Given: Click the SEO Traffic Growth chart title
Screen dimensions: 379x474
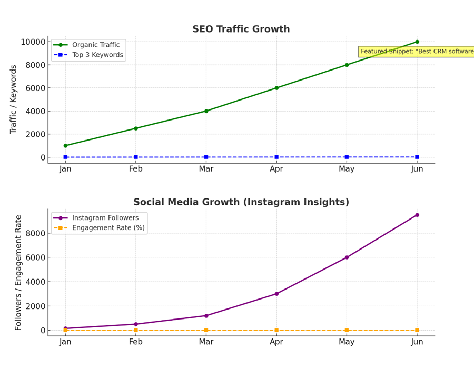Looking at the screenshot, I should [241, 29].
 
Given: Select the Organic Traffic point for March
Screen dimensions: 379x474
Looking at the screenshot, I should [206, 111].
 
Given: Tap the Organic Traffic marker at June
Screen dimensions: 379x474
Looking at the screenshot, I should [417, 42].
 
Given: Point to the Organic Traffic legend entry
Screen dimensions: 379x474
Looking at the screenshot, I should [95, 45].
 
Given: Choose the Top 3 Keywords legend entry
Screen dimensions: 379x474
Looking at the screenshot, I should [97, 55].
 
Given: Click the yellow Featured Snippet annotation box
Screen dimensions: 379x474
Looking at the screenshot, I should [417, 52].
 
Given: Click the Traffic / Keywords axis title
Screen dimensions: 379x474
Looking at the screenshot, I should [14, 99].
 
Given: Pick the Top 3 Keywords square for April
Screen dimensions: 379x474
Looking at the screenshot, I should [276, 157].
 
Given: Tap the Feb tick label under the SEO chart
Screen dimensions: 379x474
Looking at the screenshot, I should [136, 169].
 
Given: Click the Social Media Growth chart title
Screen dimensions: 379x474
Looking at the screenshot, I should [241, 202].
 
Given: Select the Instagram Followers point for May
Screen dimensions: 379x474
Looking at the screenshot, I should [347, 257].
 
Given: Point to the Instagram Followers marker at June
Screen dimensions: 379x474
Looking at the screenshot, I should [417, 215].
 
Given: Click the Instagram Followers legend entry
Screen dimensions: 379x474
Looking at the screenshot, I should [105, 218].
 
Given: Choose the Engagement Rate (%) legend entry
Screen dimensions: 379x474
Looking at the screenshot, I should [108, 228].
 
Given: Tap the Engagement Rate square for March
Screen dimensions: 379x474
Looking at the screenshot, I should [206, 330].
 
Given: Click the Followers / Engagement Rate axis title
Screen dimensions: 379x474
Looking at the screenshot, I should [18, 273].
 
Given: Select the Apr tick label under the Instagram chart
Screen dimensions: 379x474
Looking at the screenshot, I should [276, 342].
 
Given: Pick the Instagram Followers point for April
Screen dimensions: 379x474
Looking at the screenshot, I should [276, 294].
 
